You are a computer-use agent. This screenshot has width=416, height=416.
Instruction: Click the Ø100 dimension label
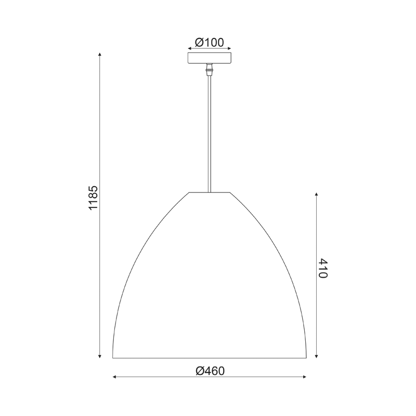(x=209, y=42)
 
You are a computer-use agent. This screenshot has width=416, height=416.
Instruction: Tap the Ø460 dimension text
(x=210, y=371)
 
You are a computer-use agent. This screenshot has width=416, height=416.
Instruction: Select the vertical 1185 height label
(x=93, y=198)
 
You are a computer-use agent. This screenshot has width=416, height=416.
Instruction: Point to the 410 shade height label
(x=322, y=268)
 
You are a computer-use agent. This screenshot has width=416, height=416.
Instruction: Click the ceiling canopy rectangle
(x=209, y=58)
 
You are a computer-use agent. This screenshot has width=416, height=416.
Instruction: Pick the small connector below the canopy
(x=209, y=69)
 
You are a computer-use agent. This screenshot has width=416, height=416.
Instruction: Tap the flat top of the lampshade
(x=209, y=192)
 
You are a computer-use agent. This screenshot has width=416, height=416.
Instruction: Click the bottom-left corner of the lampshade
(x=113, y=357)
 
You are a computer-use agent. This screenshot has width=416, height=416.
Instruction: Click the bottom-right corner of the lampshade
(x=306, y=357)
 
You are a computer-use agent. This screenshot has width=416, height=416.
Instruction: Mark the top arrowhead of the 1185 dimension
(x=99, y=54)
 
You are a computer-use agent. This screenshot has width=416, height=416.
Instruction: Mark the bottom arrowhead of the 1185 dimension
(x=99, y=356)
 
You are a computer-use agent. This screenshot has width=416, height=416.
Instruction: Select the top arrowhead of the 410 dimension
(x=317, y=194)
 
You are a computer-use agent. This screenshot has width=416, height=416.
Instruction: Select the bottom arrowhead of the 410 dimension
(x=317, y=356)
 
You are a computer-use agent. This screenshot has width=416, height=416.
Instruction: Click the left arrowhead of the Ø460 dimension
(x=114, y=377)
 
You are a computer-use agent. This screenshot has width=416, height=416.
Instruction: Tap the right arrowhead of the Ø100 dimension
(x=230, y=48)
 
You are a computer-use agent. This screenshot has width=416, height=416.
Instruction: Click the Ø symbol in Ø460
(x=200, y=371)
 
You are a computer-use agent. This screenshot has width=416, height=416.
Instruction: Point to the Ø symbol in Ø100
(x=198, y=42)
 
